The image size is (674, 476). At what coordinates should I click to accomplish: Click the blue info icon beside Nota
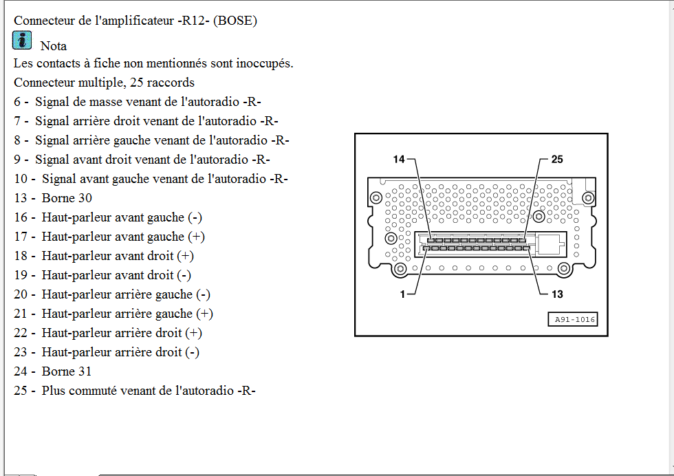coord(22,41)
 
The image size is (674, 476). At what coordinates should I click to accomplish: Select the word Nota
coord(54,46)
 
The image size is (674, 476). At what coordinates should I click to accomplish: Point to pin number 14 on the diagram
coord(399,160)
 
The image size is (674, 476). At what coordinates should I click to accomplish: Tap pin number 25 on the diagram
coord(557,160)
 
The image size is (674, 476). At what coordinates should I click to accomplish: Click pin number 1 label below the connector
coord(402,294)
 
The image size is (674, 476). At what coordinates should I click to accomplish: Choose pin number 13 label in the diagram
coord(557,294)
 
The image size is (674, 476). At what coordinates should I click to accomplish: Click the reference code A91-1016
coord(575,319)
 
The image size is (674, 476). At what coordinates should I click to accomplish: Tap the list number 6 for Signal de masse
coord(17,102)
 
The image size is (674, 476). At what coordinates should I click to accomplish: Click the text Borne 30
coord(67,198)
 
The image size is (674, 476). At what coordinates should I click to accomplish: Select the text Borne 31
coord(67,371)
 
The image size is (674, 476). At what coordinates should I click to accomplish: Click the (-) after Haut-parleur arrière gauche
coord(203,294)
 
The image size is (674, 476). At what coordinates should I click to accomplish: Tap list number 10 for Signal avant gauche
coord(21,179)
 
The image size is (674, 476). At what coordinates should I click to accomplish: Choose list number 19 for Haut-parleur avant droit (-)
coord(21,275)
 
